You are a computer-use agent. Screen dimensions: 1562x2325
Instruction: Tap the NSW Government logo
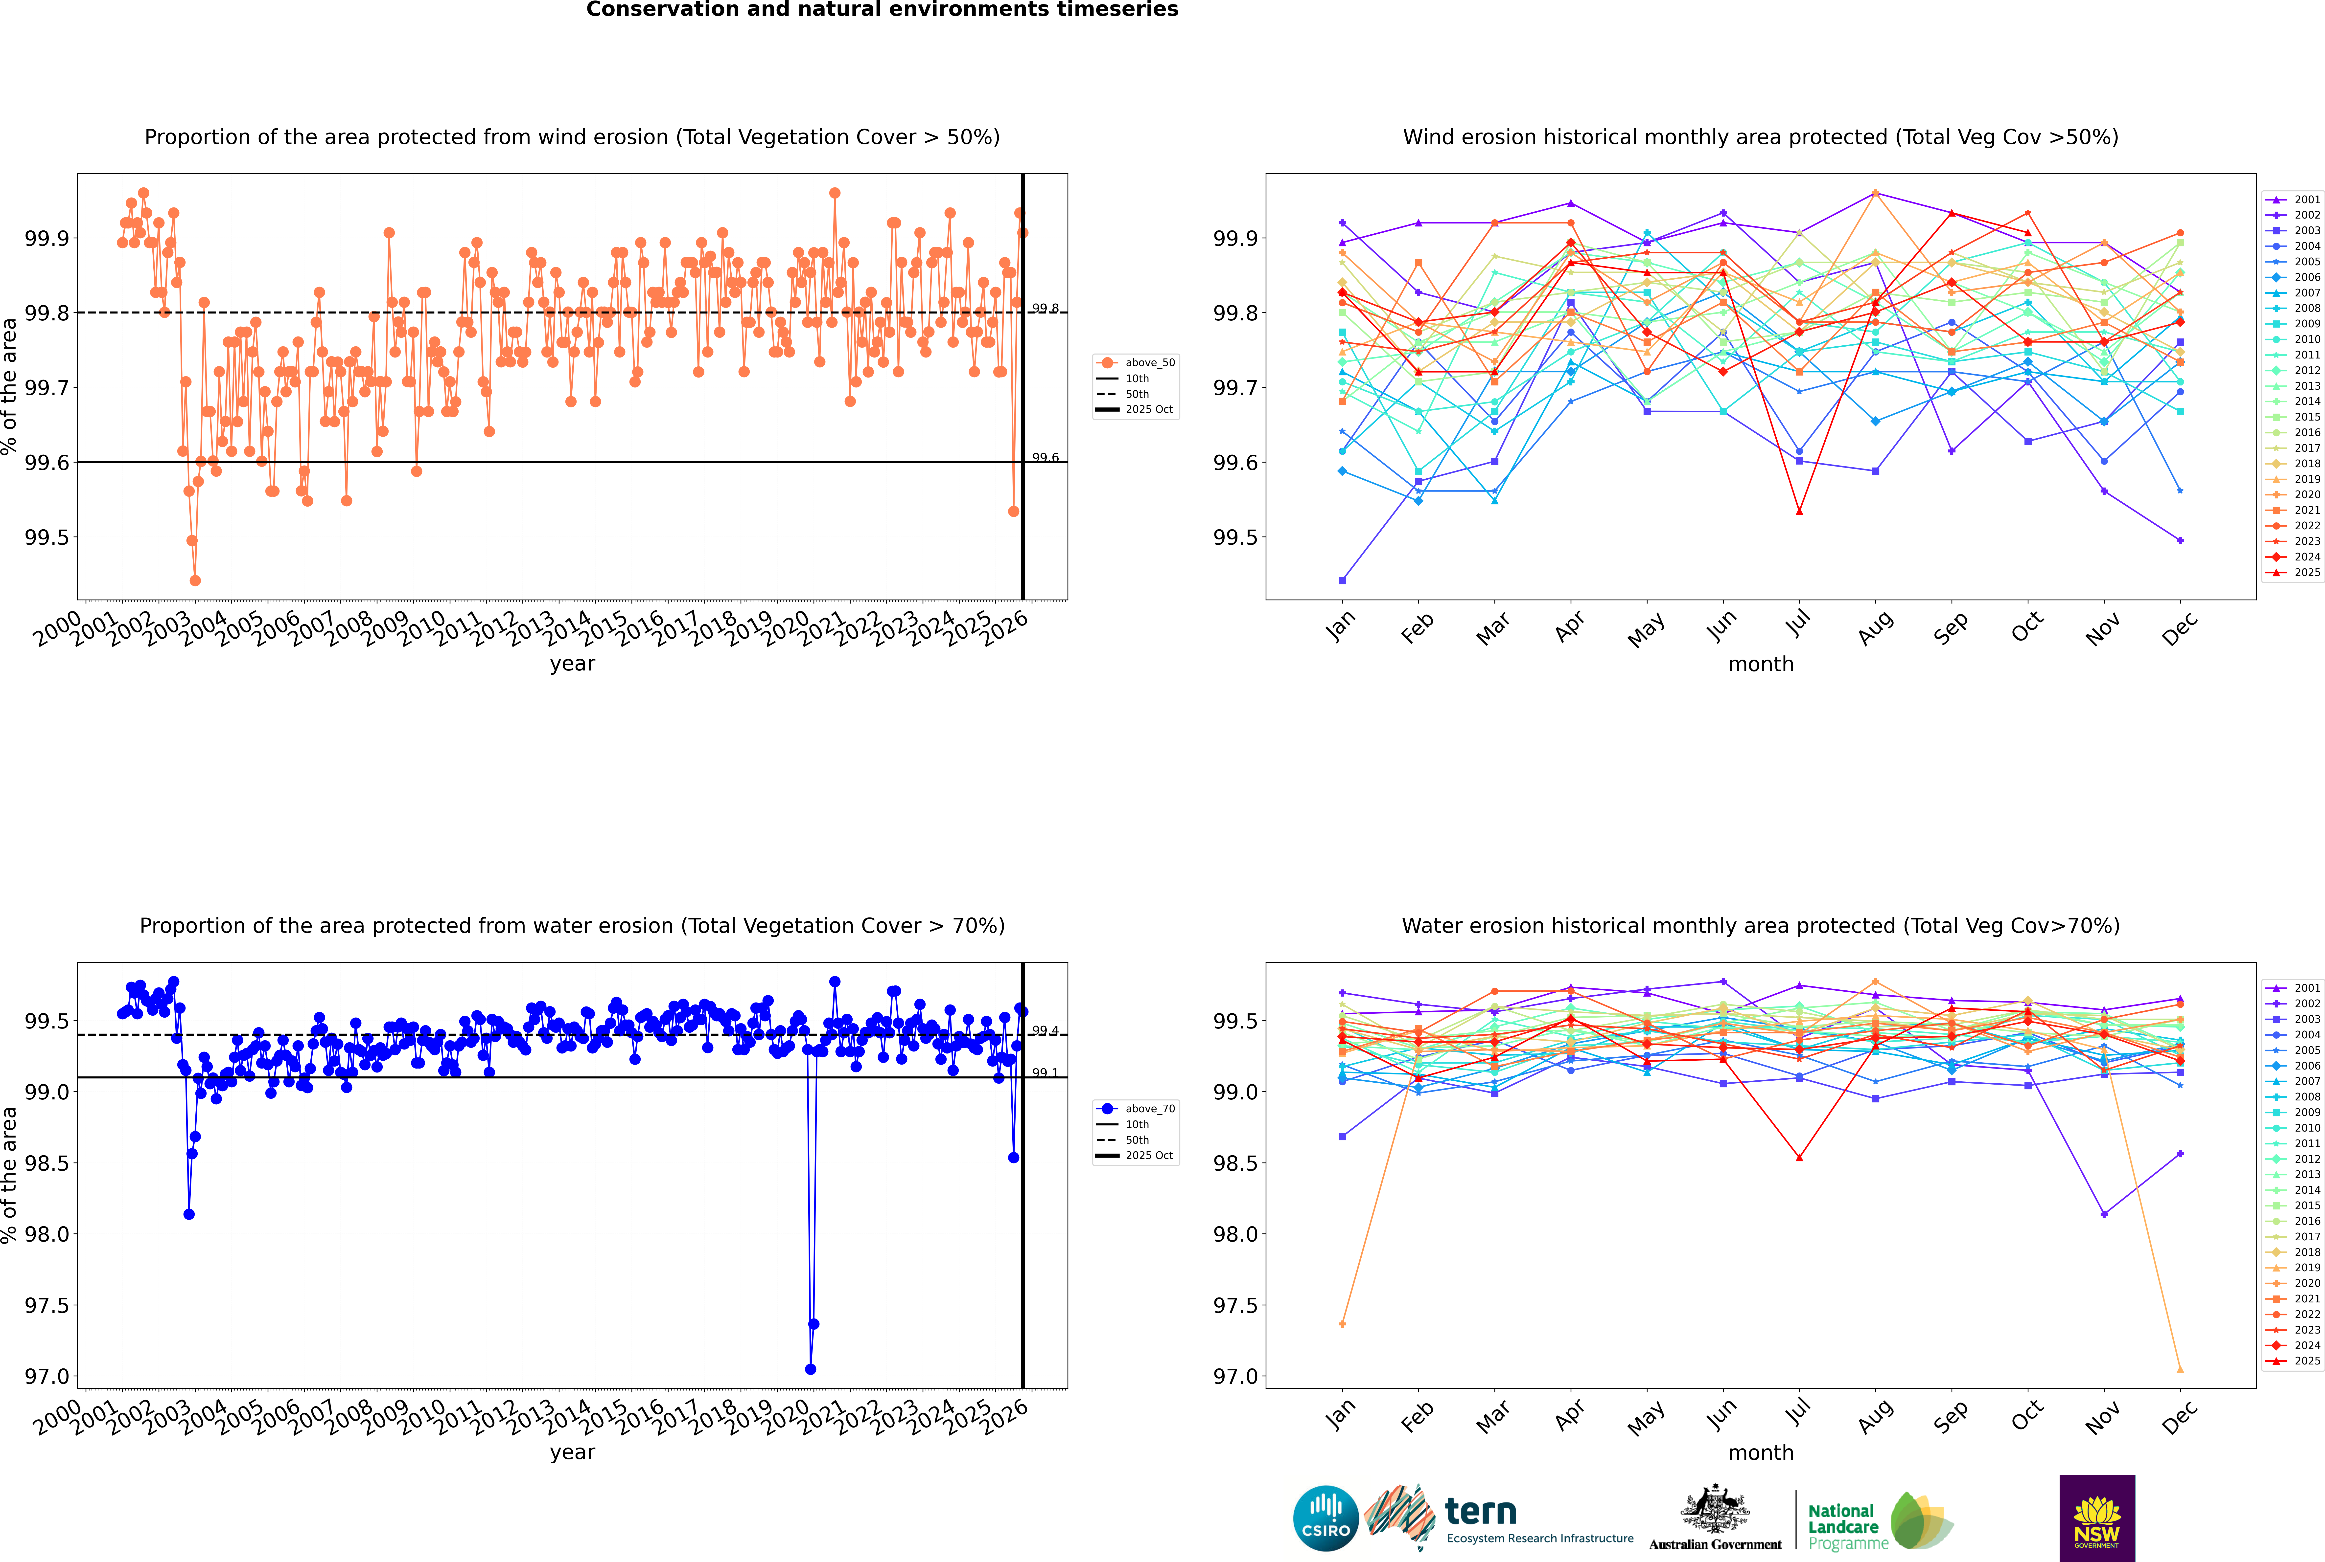2097,1517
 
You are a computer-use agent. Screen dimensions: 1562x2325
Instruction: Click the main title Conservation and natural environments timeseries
882,10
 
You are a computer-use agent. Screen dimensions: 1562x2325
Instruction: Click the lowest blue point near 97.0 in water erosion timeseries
810,1369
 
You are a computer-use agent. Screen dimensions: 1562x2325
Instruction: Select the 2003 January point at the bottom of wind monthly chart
1342,580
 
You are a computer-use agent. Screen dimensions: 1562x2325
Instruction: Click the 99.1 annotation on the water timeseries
1045,1073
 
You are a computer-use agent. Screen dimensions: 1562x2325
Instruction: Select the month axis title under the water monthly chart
1760,1452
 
